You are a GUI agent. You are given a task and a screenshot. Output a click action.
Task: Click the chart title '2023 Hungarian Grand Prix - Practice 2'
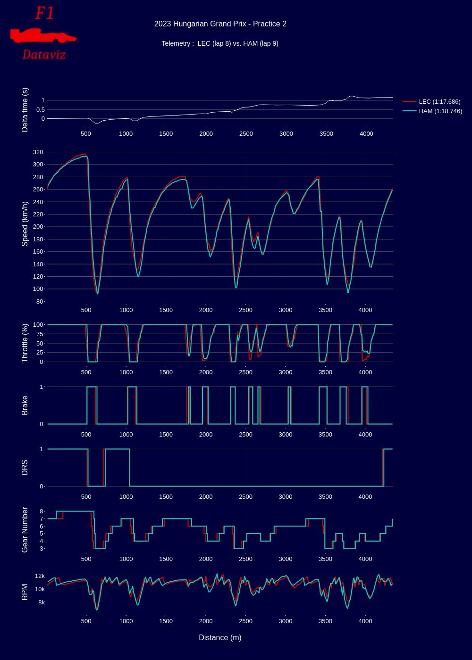(220, 24)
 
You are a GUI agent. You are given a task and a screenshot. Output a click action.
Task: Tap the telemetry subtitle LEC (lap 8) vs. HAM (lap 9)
(220, 43)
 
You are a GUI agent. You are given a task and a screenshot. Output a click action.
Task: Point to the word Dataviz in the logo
(44, 55)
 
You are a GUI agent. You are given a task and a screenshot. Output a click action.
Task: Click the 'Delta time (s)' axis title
(25, 110)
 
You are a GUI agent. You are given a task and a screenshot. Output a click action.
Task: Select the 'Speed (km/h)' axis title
(25, 223)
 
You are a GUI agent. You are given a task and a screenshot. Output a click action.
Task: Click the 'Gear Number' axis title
(25, 530)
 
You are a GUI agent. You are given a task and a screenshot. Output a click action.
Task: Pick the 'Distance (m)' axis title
(220, 638)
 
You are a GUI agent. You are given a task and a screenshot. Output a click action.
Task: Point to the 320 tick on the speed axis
(38, 152)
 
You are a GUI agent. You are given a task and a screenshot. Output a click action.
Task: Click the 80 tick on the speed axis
(40, 301)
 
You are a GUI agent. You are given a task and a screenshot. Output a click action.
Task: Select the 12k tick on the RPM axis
(40, 576)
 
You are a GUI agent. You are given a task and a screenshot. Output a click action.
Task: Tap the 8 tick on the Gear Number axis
(42, 511)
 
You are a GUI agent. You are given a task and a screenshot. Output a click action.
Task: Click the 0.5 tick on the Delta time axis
(40, 109)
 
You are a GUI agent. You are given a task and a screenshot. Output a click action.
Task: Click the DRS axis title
(25, 468)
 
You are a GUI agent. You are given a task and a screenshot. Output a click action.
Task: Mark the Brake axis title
(25, 405)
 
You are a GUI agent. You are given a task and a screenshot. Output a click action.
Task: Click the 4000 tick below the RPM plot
(365, 621)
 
